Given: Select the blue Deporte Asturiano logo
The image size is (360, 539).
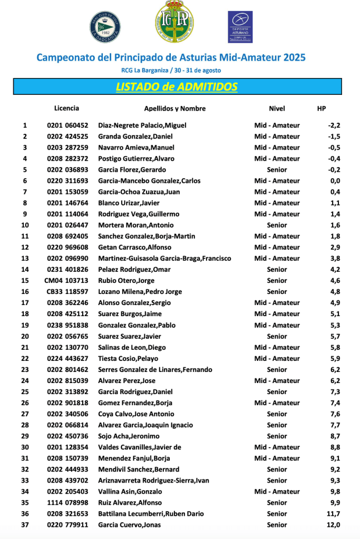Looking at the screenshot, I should coord(240,26).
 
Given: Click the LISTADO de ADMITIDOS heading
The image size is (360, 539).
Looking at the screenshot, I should coord(177,87).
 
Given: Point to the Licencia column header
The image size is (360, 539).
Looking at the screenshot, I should coord(66,108).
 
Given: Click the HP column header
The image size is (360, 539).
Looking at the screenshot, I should coord(322,109).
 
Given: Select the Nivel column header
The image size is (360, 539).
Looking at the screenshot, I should coord(277,109).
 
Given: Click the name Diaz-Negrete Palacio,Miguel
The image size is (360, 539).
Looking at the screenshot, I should coord(142,125).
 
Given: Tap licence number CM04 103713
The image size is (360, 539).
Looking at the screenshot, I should coord(66,280).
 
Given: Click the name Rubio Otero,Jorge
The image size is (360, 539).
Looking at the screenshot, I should coord(127,280).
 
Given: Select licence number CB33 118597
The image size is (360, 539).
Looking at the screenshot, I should coord(66,291).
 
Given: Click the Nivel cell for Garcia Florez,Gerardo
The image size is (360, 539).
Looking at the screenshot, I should coord(277,170).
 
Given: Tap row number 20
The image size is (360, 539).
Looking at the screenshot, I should coord(25,336).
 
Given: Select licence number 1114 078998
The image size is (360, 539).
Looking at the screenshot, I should coord(67,503).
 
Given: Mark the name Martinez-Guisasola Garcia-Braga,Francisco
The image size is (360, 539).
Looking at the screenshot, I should coord(164,258).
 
